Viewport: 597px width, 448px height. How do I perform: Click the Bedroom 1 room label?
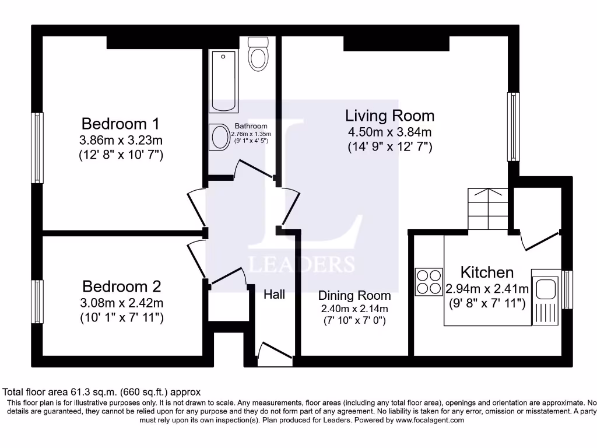pos(120,124)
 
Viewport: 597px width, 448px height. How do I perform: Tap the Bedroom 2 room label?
pos(121,286)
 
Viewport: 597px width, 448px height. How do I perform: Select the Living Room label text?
pos(389,116)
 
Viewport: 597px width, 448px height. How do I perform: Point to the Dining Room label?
pos(354,296)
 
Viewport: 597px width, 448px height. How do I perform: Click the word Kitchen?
pos(487,272)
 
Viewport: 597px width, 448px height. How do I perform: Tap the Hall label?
pos(274,294)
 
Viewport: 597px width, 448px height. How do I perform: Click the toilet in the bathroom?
pos(257,54)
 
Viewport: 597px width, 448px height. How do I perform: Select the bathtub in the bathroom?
pos(224,81)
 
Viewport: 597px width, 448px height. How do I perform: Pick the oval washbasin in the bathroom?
pos(220,138)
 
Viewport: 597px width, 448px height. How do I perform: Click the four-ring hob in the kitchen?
pos(429,281)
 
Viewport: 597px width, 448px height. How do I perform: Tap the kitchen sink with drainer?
pos(546,297)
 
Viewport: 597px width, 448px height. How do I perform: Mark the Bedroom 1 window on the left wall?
pos(37,148)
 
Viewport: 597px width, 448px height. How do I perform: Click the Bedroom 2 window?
pos(37,301)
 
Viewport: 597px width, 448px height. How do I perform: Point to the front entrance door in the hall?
pos(274,355)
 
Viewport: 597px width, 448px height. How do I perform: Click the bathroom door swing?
pos(251,170)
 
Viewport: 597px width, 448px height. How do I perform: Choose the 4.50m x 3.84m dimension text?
pos(389,132)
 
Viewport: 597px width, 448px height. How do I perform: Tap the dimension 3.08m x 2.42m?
pos(121,303)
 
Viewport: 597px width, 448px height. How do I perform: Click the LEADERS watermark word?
pos(301,264)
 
